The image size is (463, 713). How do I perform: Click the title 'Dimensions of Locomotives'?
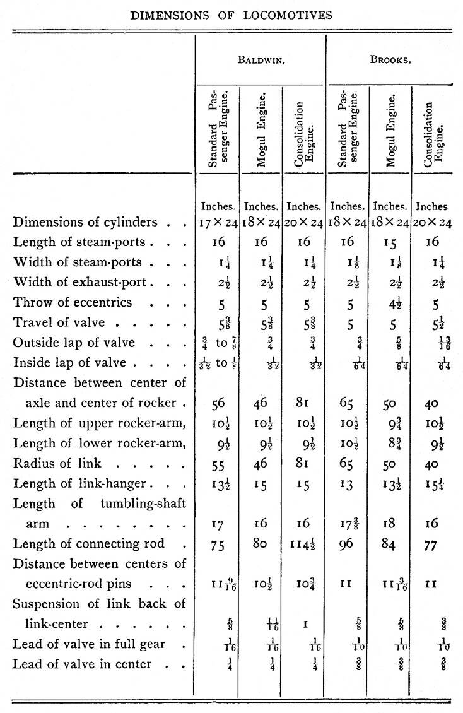pos(232,15)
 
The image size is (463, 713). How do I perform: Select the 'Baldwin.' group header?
pos(260,60)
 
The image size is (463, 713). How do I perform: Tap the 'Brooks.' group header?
pos(391,60)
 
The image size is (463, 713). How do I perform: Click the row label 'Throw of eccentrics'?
pos(73,302)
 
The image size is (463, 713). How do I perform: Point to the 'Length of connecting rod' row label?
pos(89,545)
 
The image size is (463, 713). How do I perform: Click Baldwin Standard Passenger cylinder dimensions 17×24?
pos(218,222)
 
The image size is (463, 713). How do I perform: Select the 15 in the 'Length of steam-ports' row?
pos(391,242)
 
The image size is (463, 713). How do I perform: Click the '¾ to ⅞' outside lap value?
pos(217,343)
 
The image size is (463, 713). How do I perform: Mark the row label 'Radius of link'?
pos(57,463)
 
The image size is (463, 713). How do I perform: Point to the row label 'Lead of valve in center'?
pos(83,664)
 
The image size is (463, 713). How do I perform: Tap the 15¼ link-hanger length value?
pos(431,484)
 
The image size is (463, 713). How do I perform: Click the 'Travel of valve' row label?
pos(64,322)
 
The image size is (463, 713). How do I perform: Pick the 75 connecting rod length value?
pos(218,546)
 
